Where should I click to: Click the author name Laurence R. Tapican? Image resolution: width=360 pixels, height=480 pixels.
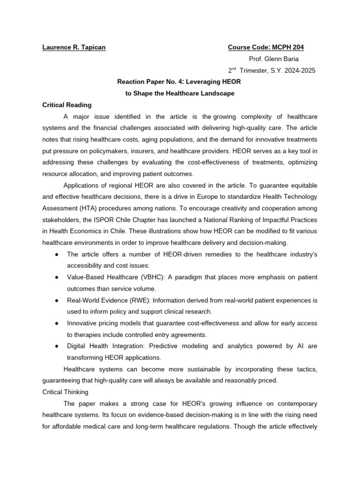[x=74, y=47]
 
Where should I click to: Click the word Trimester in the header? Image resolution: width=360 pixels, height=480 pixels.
[x=256, y=71]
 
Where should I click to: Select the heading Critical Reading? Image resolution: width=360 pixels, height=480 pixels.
[x=67, y=105]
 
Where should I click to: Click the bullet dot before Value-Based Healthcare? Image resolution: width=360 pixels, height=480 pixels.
[x=56, y=277]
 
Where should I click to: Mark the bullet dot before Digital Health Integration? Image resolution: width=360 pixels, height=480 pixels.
[x=56, y=346]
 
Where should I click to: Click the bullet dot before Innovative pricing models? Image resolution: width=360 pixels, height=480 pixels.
[x=56, y=323]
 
